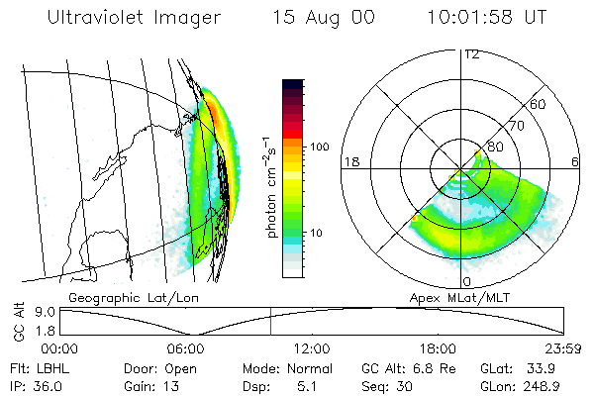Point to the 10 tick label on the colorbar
click(318, 234)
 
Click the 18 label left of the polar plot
click(349, 161)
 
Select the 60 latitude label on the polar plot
click(539, 104)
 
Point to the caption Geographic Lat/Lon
click(130, 296)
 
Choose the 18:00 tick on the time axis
click(438, 348)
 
